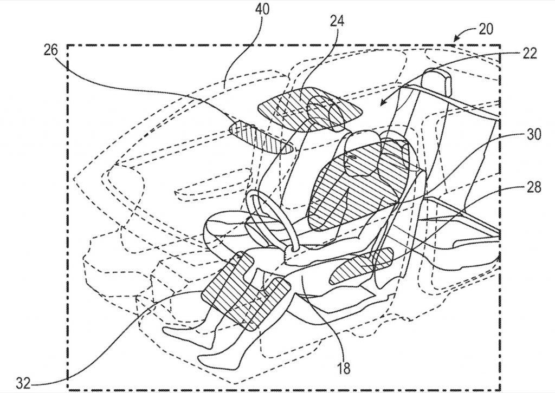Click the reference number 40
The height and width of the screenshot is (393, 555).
(262, 9)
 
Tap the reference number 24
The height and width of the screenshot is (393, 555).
(337, 21)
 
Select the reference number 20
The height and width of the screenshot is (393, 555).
(486, 29)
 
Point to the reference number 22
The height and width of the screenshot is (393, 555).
(530, 54)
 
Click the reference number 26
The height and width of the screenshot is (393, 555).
(50, 50)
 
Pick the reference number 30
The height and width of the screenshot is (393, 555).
(534, 135)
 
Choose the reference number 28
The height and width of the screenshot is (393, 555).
(534, 187)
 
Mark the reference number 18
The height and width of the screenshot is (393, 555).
(343, 368)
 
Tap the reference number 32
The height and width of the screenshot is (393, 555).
(24, 383)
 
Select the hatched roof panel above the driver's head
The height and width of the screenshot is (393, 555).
(311, 108)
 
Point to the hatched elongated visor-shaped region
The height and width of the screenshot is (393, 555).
(261, 137)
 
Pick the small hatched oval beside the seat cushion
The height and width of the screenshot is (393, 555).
(361, 265)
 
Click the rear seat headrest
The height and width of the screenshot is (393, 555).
(437, 82)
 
